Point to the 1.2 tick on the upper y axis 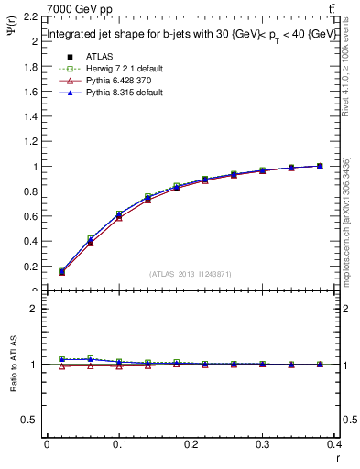coord(30,142)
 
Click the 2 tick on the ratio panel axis coord(35,309)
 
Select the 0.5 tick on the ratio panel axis coord(30,420)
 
